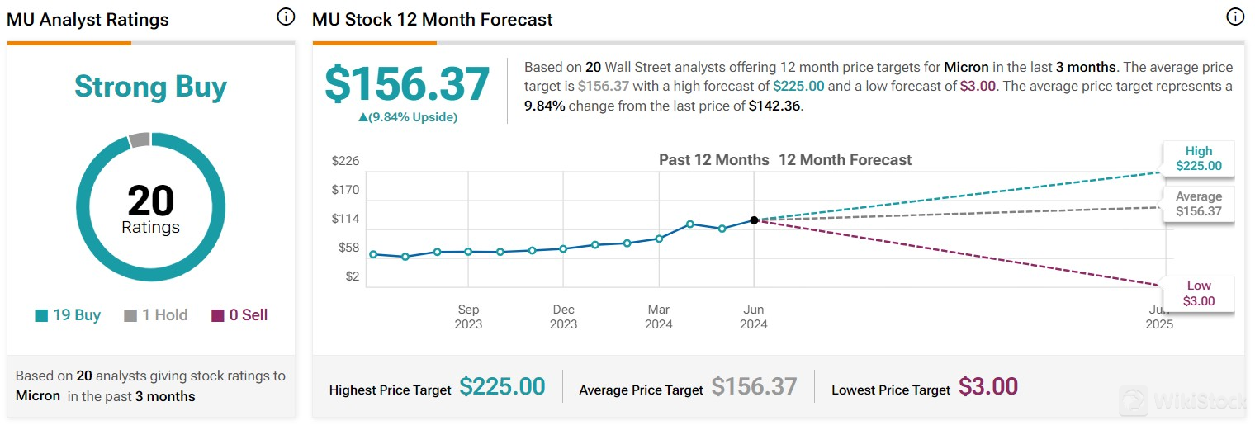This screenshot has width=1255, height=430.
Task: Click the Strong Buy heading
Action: pos(150,87)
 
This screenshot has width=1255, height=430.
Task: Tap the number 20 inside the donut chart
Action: pos(150,201)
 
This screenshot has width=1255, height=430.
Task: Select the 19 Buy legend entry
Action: pos(68,315)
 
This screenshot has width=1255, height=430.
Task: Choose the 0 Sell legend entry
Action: pos(239,315)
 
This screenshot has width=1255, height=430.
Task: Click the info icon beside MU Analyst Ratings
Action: pos(286,17)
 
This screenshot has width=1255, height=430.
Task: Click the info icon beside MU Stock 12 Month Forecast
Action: pos(1235,17)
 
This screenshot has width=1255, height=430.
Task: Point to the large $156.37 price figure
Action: pos(407,83)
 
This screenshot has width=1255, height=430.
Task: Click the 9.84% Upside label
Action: pos(407,117)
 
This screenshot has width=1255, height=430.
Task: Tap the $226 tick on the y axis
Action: pos(345,161)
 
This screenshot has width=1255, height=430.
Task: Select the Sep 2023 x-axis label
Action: pos(468,317)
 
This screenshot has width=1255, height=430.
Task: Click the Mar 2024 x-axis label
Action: pos(659,317)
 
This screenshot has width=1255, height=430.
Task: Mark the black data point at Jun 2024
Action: pos(754,220)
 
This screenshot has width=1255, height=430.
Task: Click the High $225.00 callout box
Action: pos(1199,158)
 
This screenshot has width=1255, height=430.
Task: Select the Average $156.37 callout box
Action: pos(1199,204)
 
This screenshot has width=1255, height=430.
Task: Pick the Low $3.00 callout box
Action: pos(1199,294)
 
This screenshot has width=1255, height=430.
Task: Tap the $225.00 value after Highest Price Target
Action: pos(502,387)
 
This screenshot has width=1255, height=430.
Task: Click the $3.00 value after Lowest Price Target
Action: pos(988,387)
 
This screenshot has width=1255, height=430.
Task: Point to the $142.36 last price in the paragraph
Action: pos(775,106)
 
